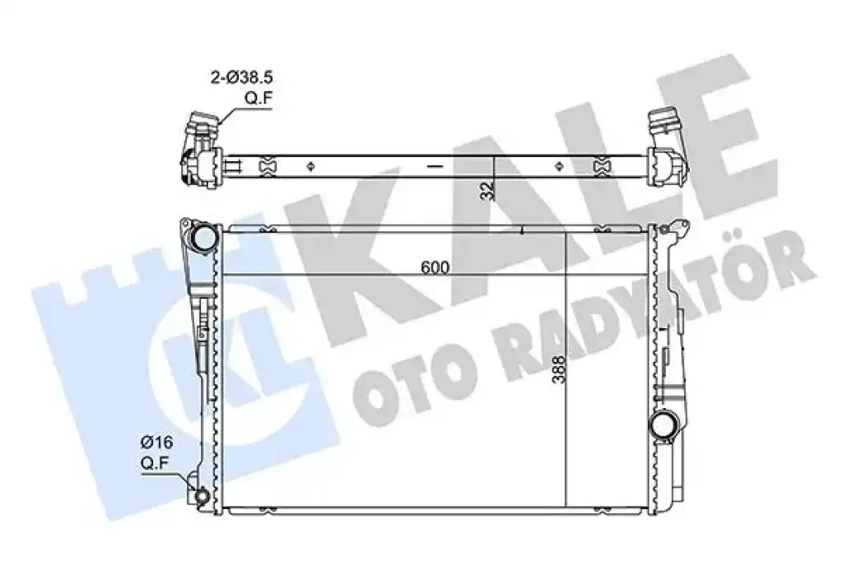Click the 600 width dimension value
pos(435,267)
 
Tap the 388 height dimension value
pos(559,369)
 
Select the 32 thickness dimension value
pos(487,190)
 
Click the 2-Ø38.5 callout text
pos(241,77)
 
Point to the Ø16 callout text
pos(156,443)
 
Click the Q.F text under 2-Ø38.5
pos(258,98)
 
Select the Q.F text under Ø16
pos(156,462)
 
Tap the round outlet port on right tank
pos(662,425)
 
